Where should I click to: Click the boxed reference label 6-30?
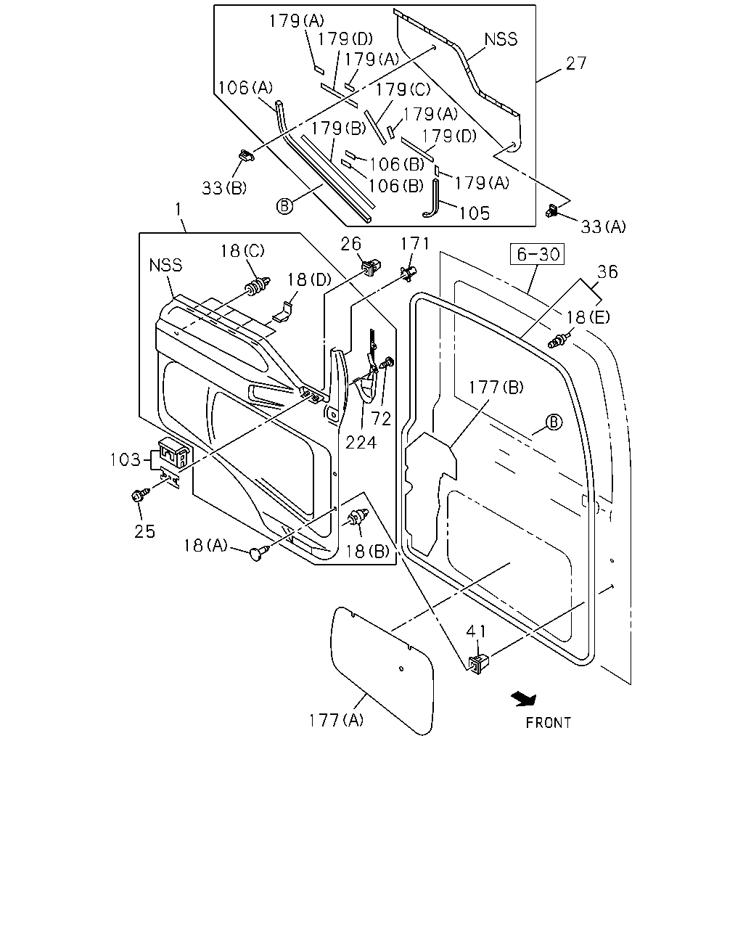537,254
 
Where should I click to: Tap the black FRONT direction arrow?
524,699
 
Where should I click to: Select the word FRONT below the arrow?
549,723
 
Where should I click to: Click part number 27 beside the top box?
576,63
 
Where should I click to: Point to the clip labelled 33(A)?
551,210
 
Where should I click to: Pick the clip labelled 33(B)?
247,155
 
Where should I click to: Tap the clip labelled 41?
478,664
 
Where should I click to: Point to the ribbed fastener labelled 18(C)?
258,286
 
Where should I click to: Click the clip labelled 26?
371,267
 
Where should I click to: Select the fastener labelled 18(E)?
559,340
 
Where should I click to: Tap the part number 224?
361,443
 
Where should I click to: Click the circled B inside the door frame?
554,422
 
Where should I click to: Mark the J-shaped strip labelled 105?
432,198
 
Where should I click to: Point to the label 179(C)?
403,90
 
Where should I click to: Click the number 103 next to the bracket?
125,459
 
